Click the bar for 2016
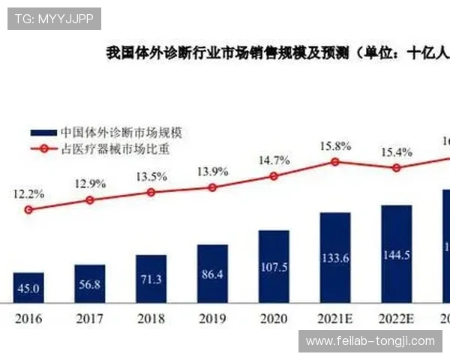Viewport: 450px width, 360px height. tap(28, 287)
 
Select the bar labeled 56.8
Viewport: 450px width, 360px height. tap(90, 283)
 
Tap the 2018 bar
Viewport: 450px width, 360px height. tap(151, 278)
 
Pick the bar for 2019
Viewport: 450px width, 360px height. tap(212, 273)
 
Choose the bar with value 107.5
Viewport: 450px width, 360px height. tap(274, 266)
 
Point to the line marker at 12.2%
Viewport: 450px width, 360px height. tap(28, 210)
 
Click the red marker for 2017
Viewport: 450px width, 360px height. tap(90, 200)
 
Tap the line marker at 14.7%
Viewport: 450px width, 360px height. tap(274, 175)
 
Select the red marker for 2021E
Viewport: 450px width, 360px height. tap(335, 161)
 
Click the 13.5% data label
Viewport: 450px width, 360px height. tap(151, 177)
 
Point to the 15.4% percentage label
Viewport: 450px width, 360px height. tap(397, 152)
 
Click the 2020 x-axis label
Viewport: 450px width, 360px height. tap(274, 318)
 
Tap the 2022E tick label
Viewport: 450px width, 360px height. tap(397, 318)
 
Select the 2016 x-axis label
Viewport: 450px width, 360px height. tap(28, 318)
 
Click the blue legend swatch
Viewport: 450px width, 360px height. tap(44, 132)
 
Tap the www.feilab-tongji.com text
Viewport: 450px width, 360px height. tap(370, 341)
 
